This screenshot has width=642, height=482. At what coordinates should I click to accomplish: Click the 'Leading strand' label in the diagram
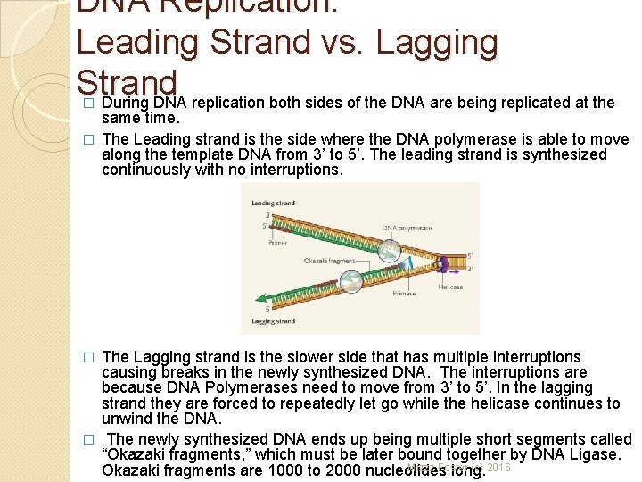273,204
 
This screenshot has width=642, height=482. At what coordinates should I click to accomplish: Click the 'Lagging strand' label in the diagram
273,320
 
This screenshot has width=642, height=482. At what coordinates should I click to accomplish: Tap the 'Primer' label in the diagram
277,241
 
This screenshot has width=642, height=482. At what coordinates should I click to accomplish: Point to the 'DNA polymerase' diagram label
407,228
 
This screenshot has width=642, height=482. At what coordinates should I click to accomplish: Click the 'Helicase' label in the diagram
450,287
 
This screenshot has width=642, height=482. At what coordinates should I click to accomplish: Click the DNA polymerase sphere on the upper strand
389,250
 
